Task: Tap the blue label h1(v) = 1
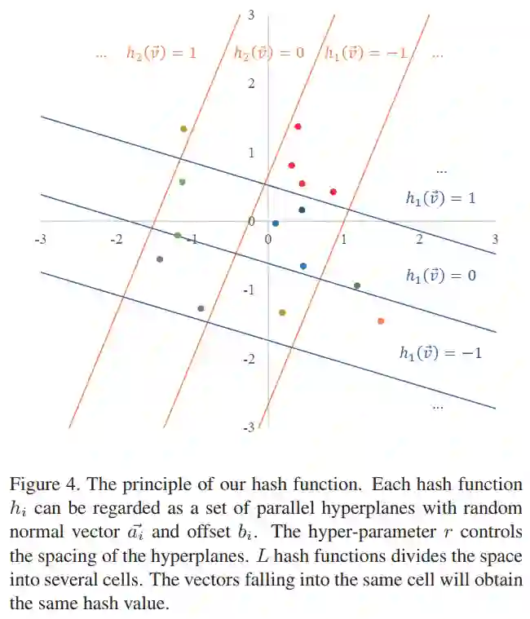pyautogui.click(x=440, y=197)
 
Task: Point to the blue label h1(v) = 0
pyautogui.click(x=440, y=275)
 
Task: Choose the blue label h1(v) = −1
pyautogui.click(x=440, y=353)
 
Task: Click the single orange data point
pyautogui.click(x=381, y=321)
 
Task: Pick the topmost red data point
pyautogui.click(x=298, y=126)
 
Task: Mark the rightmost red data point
pyautogui.click(x=333, y=192)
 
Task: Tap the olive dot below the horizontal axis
pyautogui.click(x=282, y=312)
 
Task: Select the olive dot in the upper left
pyautogui.click(x=183, y=129)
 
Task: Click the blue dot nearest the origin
pyautogui.click(x=276, y=223)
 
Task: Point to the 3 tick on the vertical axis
pyautogui.click(x=252, y=15)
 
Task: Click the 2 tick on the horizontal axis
pyautogui.click(x=420, y=239)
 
